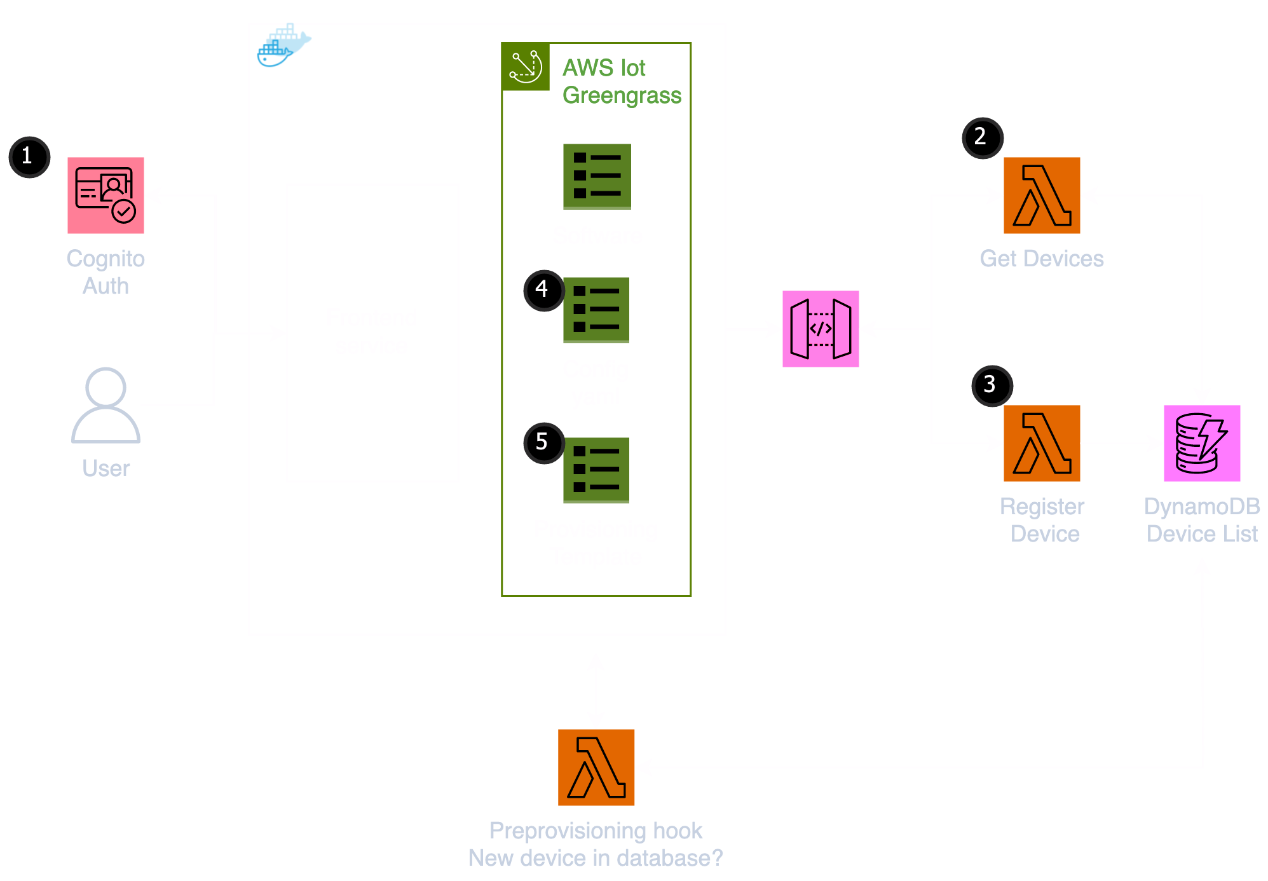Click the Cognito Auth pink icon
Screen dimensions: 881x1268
pos(106,195)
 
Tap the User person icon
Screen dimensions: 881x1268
pos(106,405)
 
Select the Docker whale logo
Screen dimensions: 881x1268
pos(283,46)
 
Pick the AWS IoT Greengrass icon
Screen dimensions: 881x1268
pos(526,67)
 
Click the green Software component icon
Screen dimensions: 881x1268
pos(597,176)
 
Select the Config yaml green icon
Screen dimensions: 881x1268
pos(596,310)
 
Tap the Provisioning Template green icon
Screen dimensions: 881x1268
pos(596,470)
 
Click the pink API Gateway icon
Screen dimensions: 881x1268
pos(821,329)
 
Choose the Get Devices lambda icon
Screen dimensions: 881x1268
pos(1042,195)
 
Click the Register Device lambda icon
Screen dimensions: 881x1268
pos(1042,443)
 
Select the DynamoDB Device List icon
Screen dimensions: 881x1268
pos(1202,443)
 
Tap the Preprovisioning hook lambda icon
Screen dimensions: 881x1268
pos(596,767)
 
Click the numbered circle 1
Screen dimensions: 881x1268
pos(29,157)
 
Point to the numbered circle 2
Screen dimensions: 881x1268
pos(982,138)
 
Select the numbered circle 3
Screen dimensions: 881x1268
pos(992,385)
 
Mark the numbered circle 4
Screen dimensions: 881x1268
pos(543,290)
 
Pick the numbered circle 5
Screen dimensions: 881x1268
pos(543,442)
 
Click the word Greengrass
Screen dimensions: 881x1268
pos(622,95)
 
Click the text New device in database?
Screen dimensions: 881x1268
pos(596,858)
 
